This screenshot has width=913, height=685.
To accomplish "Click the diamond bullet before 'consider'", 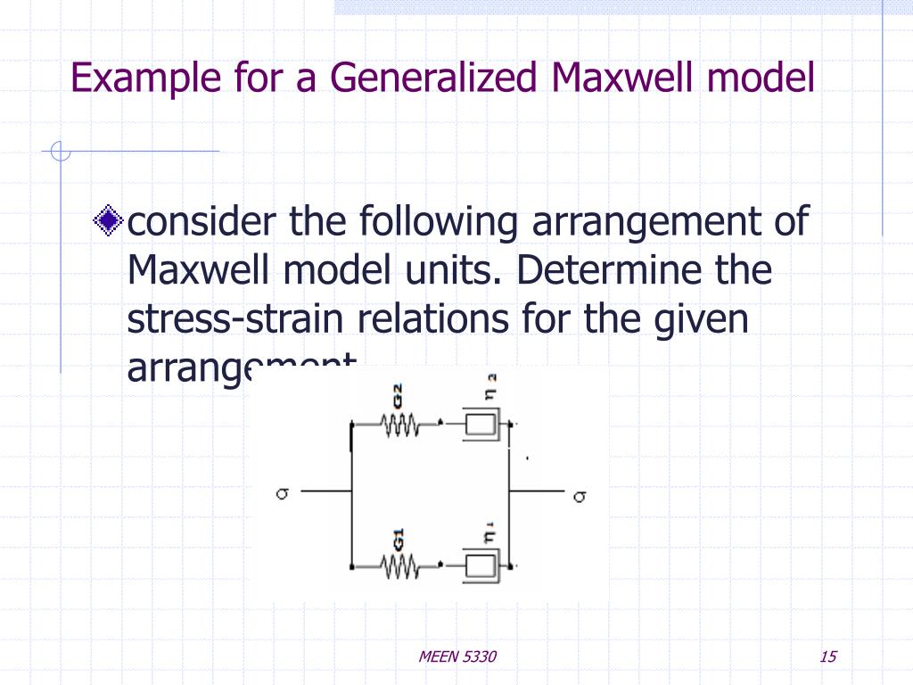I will click(x=109, y=220).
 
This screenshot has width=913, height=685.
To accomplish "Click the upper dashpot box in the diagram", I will click(x=481, y=426).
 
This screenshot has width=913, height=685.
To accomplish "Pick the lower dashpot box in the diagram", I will click(x=481, y=565).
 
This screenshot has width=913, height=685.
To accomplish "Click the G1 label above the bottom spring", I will click(x=399, y=538).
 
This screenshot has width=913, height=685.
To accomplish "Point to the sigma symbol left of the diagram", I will click(x=281, y=491).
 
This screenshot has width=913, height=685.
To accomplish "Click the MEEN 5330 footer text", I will click(x=457, y=657).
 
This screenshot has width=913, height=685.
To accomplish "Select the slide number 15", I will click(x=827, y=657).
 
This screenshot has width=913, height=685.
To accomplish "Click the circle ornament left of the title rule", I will click(x=60, y=153).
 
